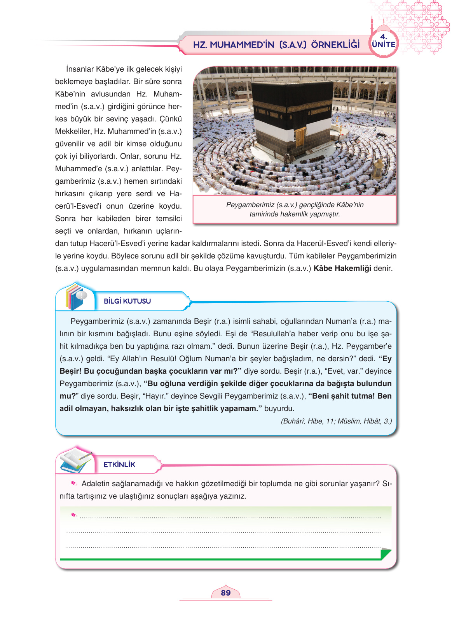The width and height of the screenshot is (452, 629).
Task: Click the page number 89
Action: (225, 593)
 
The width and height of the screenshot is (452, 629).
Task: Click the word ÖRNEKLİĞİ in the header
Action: (335, 45)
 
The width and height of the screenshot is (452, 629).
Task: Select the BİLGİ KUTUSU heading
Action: (127, 301)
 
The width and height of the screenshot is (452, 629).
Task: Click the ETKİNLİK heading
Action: (119, 465)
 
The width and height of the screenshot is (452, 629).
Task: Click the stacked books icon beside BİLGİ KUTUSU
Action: (76, 297)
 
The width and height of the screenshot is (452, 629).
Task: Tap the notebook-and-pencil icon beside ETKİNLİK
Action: (77, 460)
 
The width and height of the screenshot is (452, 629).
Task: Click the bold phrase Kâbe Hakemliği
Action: (342, 268)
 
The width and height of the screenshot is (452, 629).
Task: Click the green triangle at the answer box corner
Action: (386, 553)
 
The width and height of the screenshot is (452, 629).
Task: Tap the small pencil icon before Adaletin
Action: (74, 483)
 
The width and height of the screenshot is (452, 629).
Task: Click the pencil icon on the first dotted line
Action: (74, 515)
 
